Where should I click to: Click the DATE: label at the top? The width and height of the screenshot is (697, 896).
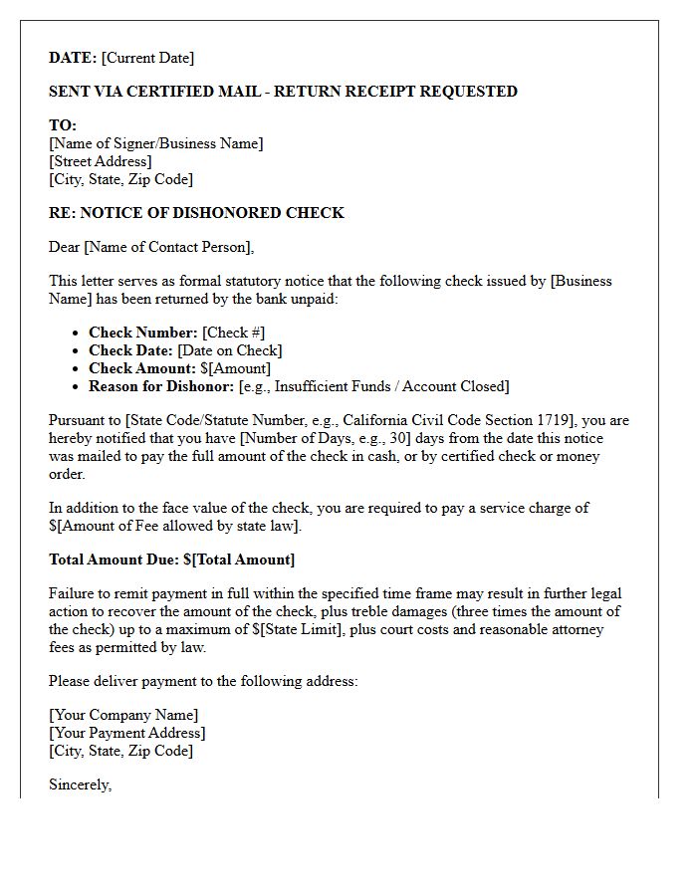(73, 58)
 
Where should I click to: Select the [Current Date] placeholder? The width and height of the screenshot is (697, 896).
(148, 58)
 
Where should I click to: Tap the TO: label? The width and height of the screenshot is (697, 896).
(63, 125)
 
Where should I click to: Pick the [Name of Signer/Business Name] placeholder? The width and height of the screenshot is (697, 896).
(156, 143)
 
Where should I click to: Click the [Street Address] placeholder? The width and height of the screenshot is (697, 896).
(101, 161)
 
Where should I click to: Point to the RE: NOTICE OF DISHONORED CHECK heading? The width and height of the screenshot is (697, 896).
(196, 213)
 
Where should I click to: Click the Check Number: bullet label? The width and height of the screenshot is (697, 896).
(143, 333)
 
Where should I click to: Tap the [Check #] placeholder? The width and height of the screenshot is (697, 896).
(234, 333)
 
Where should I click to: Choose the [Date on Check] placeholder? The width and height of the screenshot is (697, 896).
(230, 350)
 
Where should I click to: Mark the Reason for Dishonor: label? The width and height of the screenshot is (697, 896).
(161, 386)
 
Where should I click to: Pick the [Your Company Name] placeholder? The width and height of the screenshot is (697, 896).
(123, 715)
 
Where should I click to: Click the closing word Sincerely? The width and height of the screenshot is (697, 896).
(81, 784)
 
